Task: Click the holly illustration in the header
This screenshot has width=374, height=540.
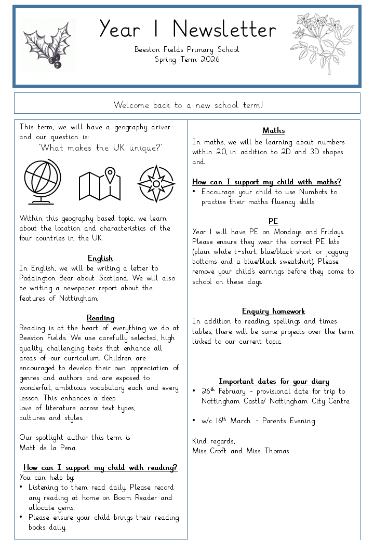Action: [49, 46]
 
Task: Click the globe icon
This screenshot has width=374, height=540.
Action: [43, 182]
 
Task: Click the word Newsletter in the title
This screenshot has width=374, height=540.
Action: [224, 29]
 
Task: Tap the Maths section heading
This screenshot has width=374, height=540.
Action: [273, 131]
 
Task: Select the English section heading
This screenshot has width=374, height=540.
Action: [100, 258]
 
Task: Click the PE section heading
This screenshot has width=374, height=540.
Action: [273, 221]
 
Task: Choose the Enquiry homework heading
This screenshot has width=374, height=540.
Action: [273, 311]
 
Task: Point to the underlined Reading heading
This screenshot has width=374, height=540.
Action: [100, 318]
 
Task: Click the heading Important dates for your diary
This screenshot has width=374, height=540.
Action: [273, 381]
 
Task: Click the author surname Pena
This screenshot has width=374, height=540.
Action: [70, 448]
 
